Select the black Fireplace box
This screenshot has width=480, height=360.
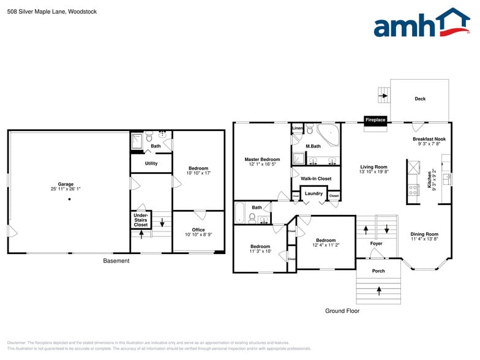[375, 120]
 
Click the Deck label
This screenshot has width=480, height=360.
[420, 99]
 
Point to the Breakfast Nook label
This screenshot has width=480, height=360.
[429, 140]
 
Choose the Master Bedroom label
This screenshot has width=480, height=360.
[262, 159]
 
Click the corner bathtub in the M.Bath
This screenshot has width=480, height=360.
[329, 134]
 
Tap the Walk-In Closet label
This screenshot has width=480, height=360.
[316, 179]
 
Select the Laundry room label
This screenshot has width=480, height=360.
[313, 194]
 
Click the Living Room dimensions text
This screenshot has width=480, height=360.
[373, 172]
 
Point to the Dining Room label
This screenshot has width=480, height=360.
[424, 234]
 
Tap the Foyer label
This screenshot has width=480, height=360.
[377, 244]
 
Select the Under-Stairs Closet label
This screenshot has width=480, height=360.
[141, 220]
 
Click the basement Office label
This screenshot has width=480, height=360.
[198, 230]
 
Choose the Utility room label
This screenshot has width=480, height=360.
[151, 163]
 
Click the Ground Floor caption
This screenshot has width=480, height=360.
[342, 311]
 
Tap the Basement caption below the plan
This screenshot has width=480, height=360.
[116, 261]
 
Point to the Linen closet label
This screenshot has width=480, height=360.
[298, 128]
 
